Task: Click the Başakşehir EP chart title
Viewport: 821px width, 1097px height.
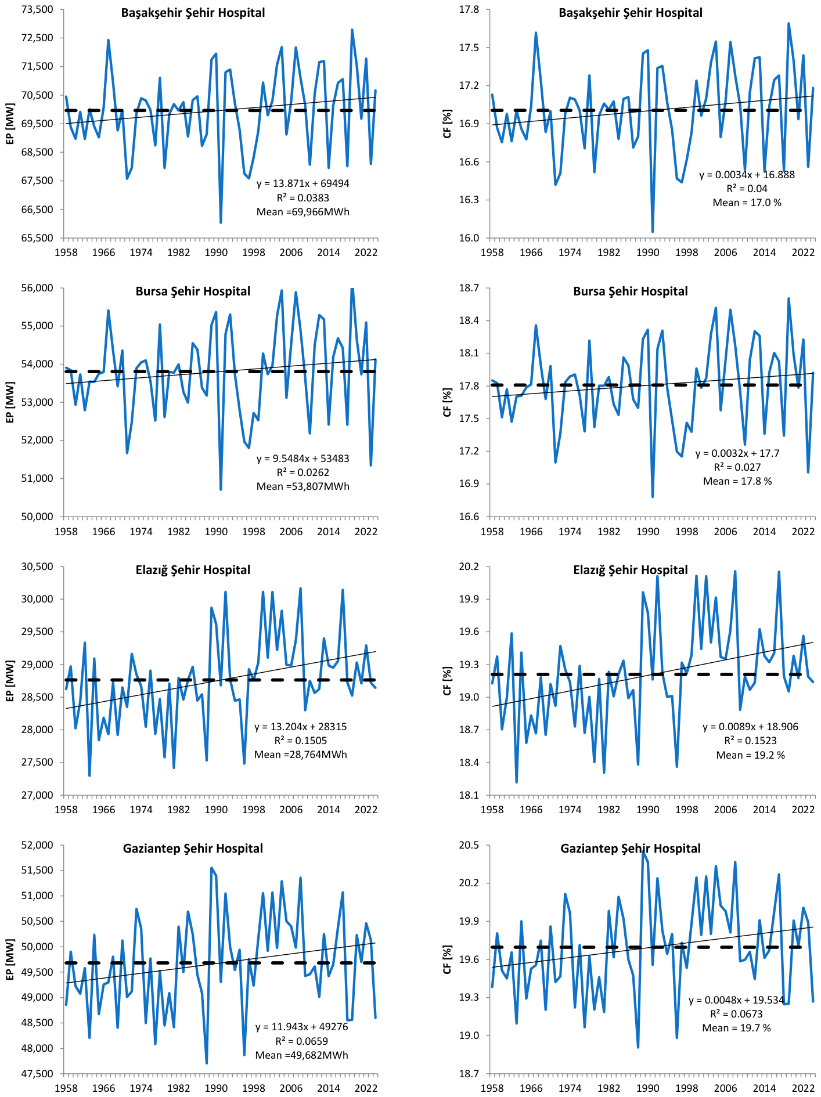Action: [x=193, y=13]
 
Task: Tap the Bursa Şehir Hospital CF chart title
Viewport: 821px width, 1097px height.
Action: [x=631, y=291]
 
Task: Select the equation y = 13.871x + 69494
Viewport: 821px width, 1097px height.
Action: [x=303, y=183]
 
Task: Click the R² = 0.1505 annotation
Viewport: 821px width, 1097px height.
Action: [x=301, y=740]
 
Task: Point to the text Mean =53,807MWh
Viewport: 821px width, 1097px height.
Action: [x=303, y=486]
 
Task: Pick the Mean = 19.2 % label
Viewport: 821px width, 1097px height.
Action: [x=751, y=755]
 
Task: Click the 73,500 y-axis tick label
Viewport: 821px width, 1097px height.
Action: [x=37, y=9]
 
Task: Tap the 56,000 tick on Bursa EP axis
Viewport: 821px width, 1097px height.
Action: [x=37, y=288]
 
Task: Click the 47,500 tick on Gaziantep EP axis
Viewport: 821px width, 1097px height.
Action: [x=37, y=1074]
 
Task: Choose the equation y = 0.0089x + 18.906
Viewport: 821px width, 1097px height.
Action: [x=751, y=727]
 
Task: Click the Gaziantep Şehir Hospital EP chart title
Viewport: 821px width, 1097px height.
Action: [x=193, y=849]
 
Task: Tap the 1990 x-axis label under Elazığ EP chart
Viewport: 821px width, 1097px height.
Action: [x=216, y=810]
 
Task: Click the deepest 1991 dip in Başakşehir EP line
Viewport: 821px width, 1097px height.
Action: [x=221, y=222]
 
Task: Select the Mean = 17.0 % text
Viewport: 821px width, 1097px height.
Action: [x=747, y=203]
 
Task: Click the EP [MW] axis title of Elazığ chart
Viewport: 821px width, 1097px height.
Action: [x=10, y=680]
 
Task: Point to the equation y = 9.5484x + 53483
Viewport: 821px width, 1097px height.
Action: [x=303, y=459]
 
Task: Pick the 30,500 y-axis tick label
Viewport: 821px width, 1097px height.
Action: [x=37, y=566]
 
